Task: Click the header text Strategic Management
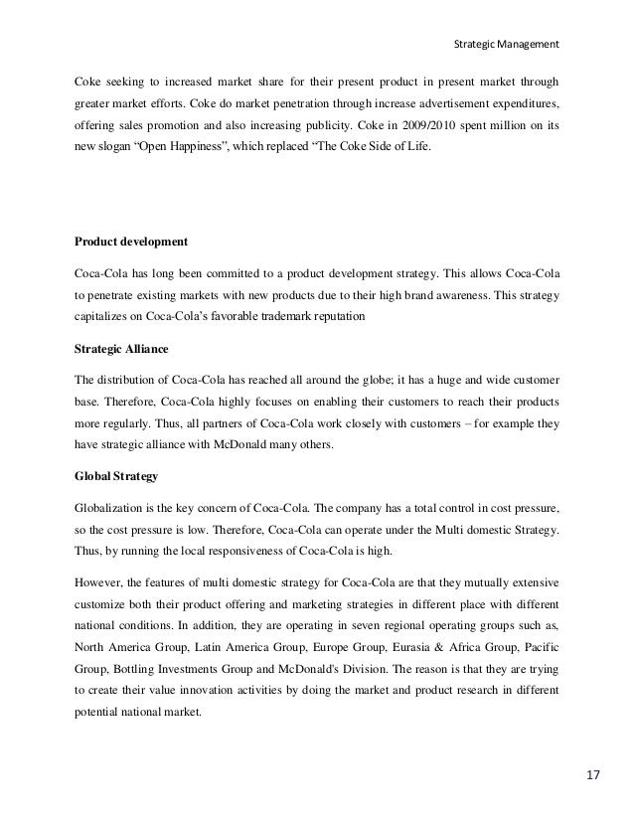[506, 44]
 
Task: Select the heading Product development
[131, 241]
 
